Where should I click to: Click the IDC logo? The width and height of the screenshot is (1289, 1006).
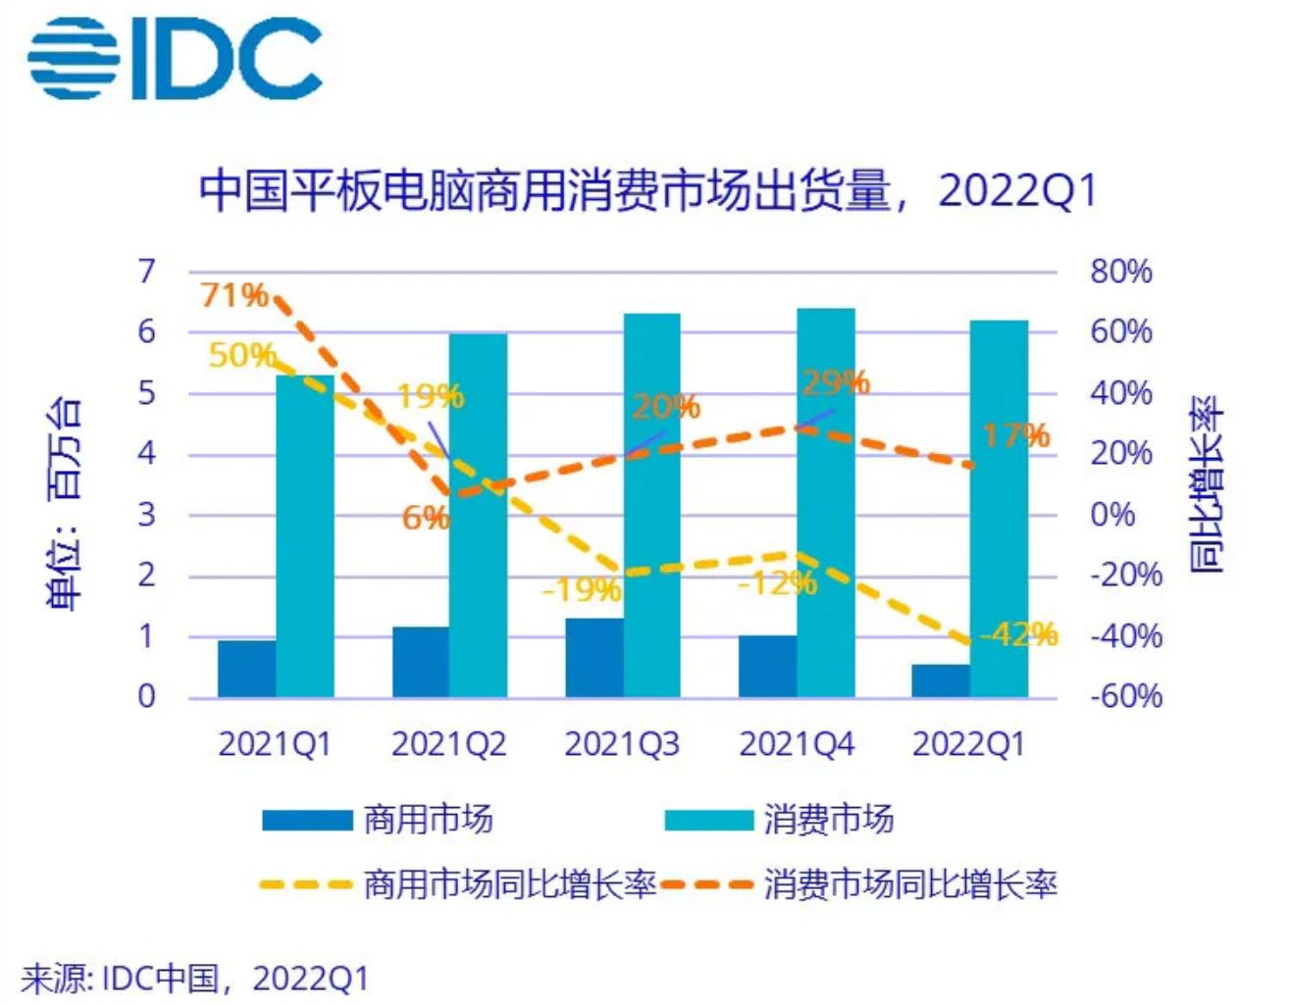click(175, 58)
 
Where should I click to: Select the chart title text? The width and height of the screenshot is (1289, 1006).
click(646, 190)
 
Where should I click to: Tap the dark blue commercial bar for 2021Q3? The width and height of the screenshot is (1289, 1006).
click(594, 657)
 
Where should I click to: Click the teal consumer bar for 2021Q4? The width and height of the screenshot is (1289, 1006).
click(826, 502)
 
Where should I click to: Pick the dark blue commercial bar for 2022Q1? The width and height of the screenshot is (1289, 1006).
click(941, 680)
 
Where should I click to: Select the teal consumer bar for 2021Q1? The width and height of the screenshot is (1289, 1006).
click(305, 535)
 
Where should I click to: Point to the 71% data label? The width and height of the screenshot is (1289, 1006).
click(234, 294)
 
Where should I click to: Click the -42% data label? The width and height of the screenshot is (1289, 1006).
click(1020, 634)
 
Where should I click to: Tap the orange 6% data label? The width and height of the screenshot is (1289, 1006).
click(425, 517)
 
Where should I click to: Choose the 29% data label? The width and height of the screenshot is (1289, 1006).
click(836, 382)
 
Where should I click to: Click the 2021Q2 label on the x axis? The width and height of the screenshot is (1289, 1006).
click(448, 745)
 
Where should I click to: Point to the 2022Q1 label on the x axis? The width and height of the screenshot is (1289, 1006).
click(968, 745)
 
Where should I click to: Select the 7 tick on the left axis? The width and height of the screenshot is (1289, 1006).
click(146, 272)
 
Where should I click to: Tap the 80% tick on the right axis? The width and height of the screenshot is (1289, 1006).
click(1120, 272)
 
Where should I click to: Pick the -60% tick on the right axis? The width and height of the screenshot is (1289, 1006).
click(1125, 696)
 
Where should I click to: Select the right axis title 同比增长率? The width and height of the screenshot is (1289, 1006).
click(1207, 484)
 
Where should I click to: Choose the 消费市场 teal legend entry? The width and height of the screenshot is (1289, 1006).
click(780, 820)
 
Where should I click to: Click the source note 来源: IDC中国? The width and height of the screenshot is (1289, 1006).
click(195, 978)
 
